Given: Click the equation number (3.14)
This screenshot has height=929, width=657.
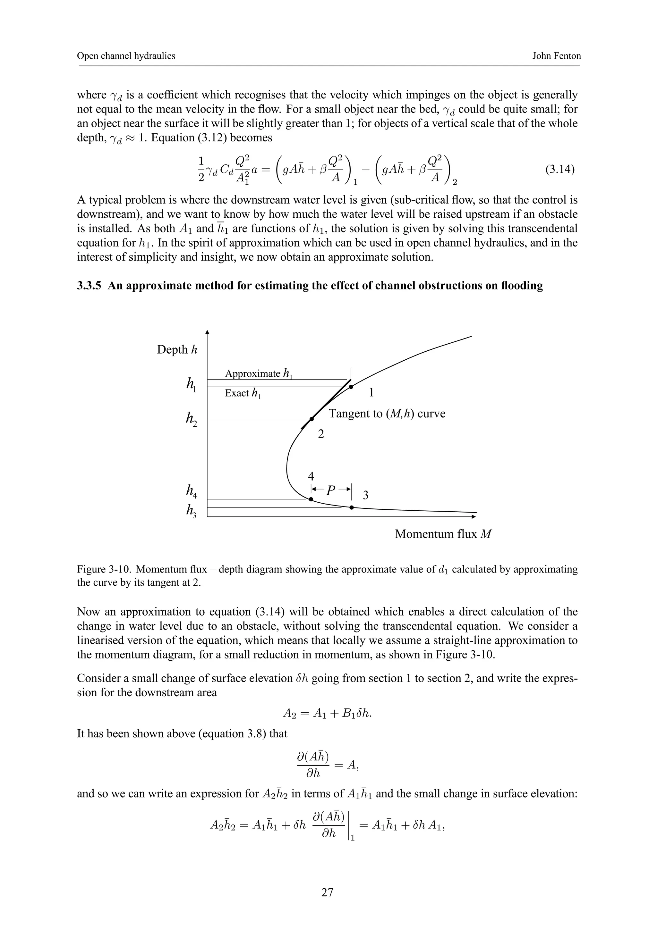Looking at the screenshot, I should pos(560,169).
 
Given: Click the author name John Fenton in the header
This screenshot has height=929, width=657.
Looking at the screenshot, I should pos(556,56).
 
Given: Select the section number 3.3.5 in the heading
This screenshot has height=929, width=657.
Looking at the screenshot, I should pos(90,286).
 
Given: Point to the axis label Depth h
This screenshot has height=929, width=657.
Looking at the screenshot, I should pos(177,350).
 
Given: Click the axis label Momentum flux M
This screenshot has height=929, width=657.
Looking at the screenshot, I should pos(443,534).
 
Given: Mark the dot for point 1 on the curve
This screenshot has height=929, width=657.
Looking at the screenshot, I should pos(351,387).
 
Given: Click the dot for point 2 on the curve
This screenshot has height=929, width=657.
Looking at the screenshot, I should pos(311,419).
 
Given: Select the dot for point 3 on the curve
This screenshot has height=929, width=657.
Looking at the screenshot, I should pos(351,507).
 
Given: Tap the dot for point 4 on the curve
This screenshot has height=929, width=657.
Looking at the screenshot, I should pos(311,499).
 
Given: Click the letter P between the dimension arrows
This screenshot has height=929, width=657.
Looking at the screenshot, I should pos(331,490).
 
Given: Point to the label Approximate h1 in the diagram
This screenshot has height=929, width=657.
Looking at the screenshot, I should pos(258,373).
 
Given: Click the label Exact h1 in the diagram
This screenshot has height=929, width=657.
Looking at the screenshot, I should pos(243,393).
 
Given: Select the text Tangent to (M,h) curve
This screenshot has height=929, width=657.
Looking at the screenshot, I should pos(387,414).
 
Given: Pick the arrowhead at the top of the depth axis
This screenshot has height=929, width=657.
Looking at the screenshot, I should pos(207,333).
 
